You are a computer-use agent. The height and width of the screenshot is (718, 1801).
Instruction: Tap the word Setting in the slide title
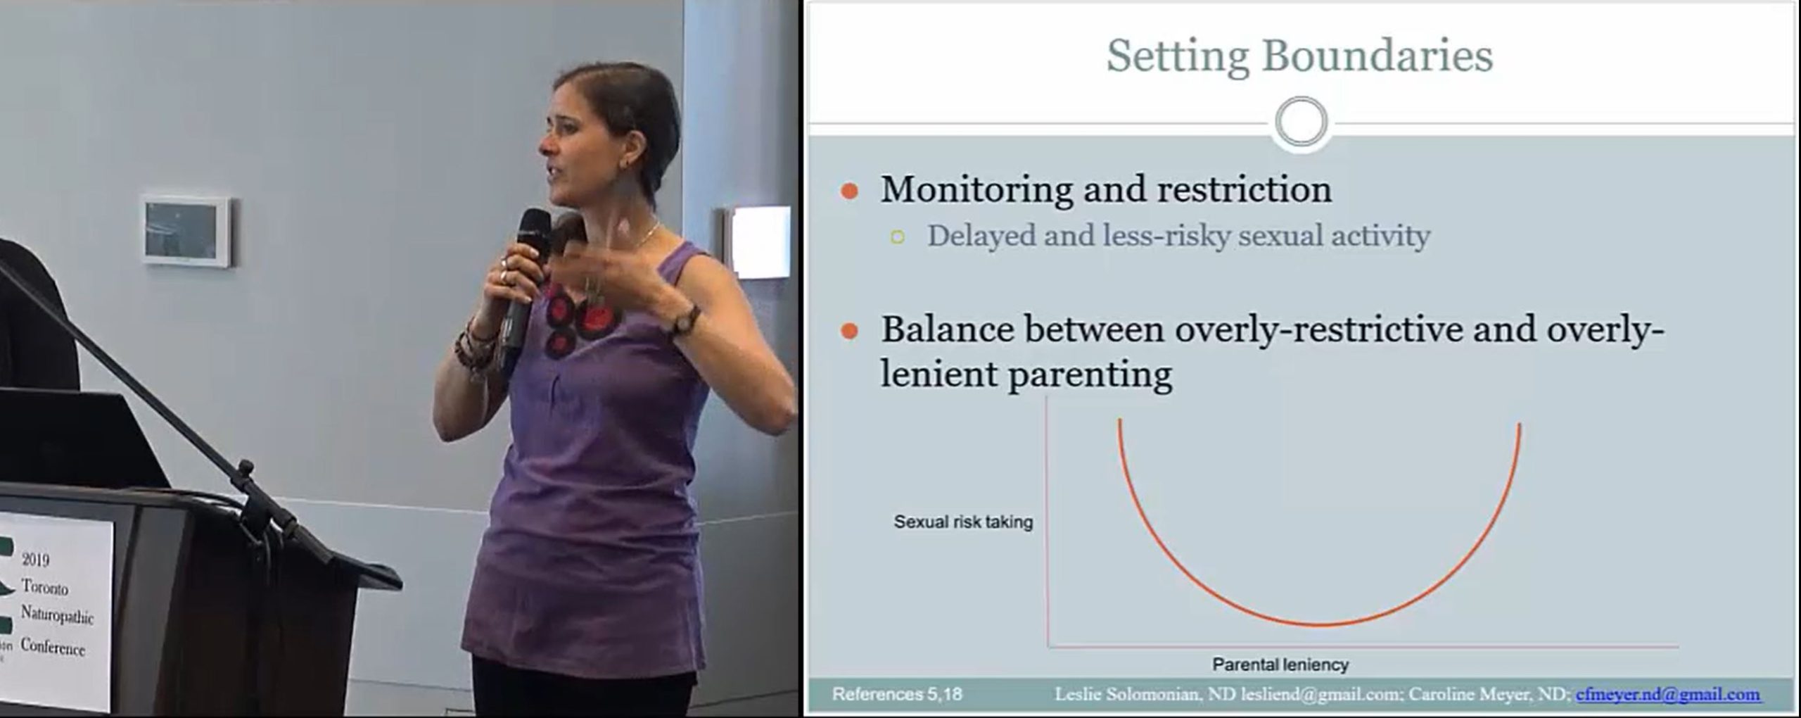pyautogui.click(x=1178, y=56)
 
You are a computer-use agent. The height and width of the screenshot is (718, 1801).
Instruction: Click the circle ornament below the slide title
pyautogui.click(x=1301, y=122)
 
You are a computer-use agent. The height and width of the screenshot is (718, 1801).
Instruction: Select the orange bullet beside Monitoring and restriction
pyautogui.click(x=850, y=191)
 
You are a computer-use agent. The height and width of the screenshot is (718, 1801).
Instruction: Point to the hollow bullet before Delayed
pyautogui.click(x=897, y=237)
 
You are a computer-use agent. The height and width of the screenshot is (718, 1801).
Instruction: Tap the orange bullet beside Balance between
pyautogui.click(x=850, y=331)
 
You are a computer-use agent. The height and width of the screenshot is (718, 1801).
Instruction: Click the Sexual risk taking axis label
pyautogui.click(x=963, y=522)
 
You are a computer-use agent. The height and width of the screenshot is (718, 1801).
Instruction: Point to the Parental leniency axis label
pyautogui.click(x=1280, y=664)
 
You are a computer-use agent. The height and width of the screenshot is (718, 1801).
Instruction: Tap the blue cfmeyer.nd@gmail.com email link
pyautogui.click(x=1667, y=695)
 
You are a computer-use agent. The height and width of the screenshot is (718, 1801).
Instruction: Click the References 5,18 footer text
pyautogui.click(x=897, y=694)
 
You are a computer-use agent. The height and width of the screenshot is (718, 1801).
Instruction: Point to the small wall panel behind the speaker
pyautogui.click(x=186, y=231)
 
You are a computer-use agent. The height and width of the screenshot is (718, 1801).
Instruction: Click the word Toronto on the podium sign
pyautogui.click(x=44, y=587)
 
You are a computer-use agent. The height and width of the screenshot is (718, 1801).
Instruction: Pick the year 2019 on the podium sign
pyautogui.click(x=35, y=560)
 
